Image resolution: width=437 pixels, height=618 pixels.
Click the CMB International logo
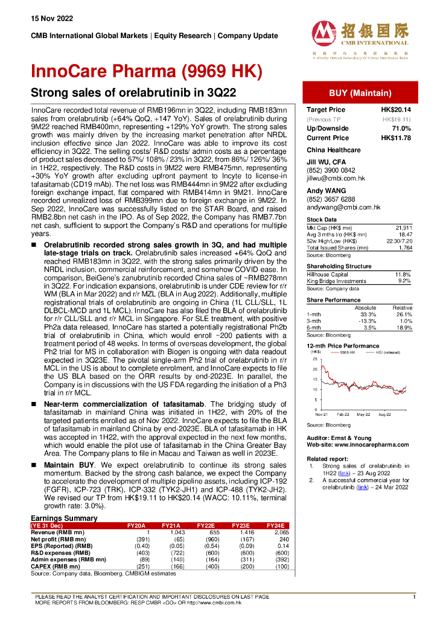360,37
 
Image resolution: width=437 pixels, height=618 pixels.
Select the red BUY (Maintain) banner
360,93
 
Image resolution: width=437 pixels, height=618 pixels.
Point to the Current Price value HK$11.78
396,138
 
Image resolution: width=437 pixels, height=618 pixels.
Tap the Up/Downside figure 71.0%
401,129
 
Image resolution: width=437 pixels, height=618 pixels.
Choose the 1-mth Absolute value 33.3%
367,314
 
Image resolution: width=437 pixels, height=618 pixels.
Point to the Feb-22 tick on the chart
343,415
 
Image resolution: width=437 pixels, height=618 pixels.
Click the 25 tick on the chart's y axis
314,358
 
